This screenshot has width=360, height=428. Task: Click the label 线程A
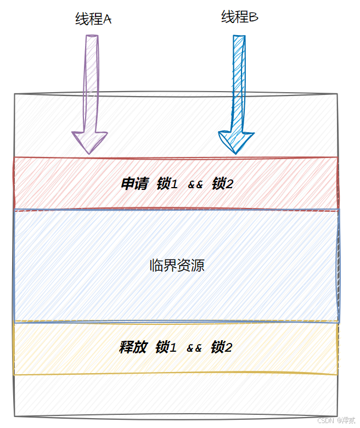tap(93, 19)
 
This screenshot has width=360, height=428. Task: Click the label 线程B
tap(240, 18)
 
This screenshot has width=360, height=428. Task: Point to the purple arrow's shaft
tap(91, 82)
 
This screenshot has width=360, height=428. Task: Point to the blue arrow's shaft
tap(238, 82)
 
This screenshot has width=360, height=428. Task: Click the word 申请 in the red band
tap(134, 184)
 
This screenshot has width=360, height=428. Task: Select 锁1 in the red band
tap(167, 184)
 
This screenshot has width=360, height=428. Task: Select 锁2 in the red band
tap(222, 184)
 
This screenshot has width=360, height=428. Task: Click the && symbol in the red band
tap(195, 185)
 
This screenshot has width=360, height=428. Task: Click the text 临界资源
tap(177, 266)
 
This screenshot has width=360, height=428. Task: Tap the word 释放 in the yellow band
tap(133, 347)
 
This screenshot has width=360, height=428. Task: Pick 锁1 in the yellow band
tap(166, 347)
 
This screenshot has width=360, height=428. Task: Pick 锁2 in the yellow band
tap(221, 347)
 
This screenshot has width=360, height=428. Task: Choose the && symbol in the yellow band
tap(194, 348)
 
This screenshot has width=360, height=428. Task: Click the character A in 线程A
tap(108, 19)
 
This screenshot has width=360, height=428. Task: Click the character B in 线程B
tap(254, 18)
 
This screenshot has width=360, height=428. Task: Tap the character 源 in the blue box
tap(198, 266)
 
